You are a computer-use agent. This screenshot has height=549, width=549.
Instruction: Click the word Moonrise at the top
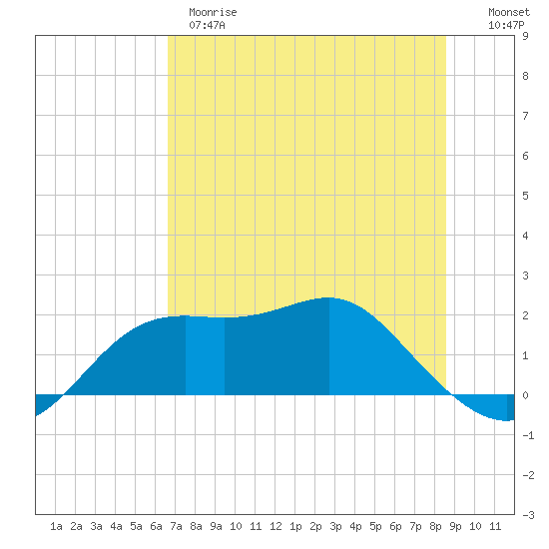[213, 12]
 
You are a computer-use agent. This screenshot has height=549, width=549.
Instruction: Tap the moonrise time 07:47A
[207, 25]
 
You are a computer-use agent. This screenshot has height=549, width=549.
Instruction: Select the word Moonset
[509, 12]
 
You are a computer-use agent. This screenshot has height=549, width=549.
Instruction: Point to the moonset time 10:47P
[506, 25]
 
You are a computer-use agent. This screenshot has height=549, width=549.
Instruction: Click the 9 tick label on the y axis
[525, 36]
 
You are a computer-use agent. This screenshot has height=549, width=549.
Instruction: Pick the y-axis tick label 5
[525, 196]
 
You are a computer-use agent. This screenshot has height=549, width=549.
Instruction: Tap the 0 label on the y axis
[525, 395]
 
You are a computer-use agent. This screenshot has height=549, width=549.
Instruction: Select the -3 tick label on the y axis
[528, 515]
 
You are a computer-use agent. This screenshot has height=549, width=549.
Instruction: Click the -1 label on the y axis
[528, 435]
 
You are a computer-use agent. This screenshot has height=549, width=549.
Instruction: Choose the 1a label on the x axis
[56, 526]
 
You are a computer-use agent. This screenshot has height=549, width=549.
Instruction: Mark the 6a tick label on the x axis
[156, 526]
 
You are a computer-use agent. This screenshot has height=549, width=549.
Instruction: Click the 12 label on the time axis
[275, 526]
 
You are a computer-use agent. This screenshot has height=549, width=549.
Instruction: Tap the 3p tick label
[335, 526]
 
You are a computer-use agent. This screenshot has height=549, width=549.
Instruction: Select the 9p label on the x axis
[455, 526]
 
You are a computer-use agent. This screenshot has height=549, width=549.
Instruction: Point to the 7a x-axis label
[176, 526]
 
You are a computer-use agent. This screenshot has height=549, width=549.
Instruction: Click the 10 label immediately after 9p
[475, 526]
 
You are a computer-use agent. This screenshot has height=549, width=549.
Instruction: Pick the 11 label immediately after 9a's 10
[256, 526]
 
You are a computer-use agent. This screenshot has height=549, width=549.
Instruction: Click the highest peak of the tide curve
[328, 297]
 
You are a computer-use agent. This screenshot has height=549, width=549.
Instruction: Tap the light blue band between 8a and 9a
[206, 355]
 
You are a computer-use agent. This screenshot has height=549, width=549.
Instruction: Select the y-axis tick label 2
[525, 315]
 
